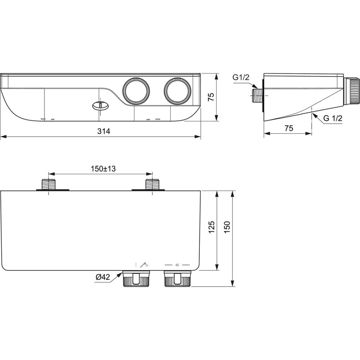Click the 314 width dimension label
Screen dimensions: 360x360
pyautogui.click(x=104, y=131)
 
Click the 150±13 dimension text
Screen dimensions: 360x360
pyautogui.click(x=103, y=169)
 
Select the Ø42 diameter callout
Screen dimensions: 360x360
pyautogui.click(x=103, y=277)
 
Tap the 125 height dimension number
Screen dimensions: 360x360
pyautogui.click(x=212, y=227)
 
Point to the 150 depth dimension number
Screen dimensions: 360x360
pyautogui.click(x=227, y=227)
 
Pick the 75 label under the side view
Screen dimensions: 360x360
pyautogui.click(x=289, y=128)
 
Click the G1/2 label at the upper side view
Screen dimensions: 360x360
pyautogui.click(x=241, y=77)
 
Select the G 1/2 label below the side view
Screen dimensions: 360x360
pyautogui.click(x=333, y=118)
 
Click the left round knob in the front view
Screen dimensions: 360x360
pyautogui.click(x=136, y=91)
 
